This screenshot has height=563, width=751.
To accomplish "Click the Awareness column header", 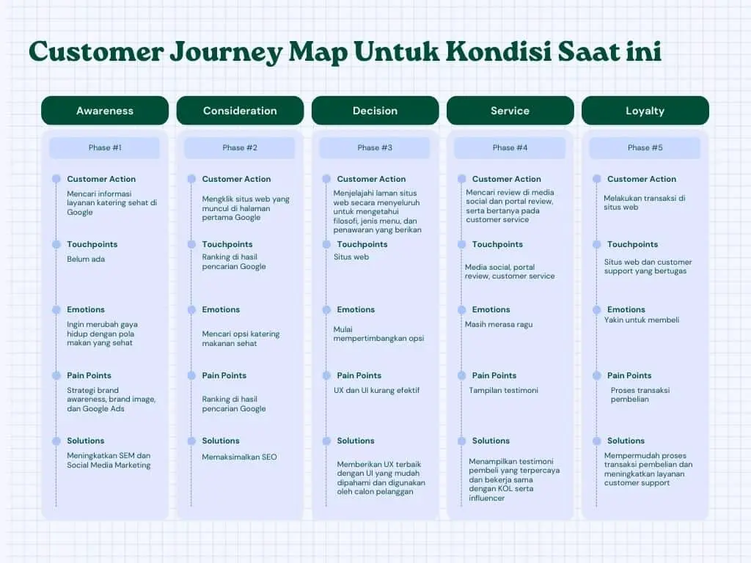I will pyautogui.click(x=105, y=111).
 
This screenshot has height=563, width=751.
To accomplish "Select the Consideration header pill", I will pyautogui.click(x=240, y=111).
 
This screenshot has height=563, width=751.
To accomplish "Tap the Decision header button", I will pyautogui.click(x=375, y=111).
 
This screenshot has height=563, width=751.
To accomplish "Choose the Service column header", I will pyautogui.click(x=510, y=111).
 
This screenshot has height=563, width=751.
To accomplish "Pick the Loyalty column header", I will pyautogui.click(x=645, y=111).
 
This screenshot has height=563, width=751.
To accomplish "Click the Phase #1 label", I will pyautogui.click(x=105, y=147).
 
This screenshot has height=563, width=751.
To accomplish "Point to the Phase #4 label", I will pyautogui.click(x=510, y=147).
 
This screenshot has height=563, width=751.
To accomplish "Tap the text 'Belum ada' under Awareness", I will pyautogui.click(x=86, y=259).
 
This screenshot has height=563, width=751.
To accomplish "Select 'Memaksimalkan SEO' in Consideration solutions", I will pyautogui.click(x=239, y=457).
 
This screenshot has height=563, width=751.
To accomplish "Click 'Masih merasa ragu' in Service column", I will pyautogui.click(x=499, y=324).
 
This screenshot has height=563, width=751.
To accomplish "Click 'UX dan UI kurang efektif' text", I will pyautogui.click(x=377, y=390).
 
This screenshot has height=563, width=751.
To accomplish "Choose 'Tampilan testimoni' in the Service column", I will pyautogui.click(x=503, y=390).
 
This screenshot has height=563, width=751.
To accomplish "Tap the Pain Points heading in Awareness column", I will pyautogui.click(x=89, y=375).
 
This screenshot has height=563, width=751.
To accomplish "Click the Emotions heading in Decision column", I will pyautogui.click(x=356, y=309).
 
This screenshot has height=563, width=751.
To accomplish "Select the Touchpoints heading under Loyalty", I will pyautogui.click(x=632, y=244).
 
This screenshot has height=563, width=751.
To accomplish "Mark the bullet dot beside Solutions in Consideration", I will pyautogui.click(x=191, y=441).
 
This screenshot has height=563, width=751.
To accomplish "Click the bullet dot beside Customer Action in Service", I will pyautogui.click(x=461, y=179).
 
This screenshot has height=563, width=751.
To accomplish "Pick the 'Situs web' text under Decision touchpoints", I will pyautogui.click(x=351, y=257).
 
